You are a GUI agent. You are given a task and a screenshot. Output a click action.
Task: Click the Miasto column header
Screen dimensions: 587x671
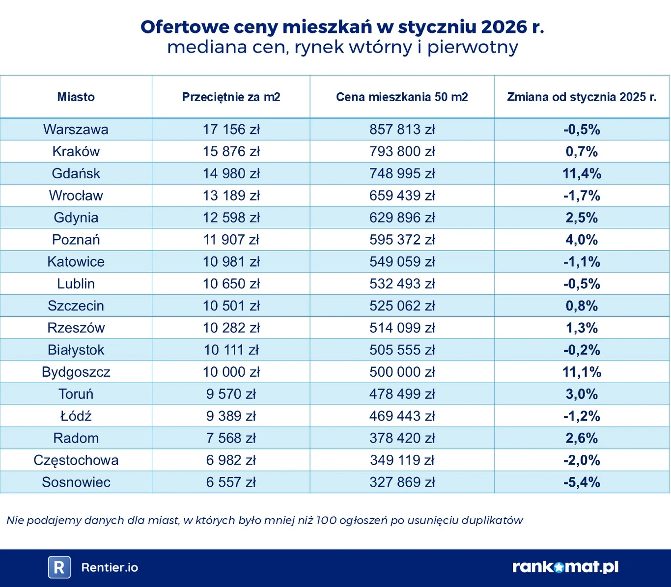[76, 97]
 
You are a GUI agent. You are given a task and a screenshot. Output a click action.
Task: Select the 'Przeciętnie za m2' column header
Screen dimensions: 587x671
[231, 97]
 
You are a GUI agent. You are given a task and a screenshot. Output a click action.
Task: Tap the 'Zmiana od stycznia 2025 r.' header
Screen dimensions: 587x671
[582, 97]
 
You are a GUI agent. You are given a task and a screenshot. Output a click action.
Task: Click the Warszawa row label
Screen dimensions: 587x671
[76, 129]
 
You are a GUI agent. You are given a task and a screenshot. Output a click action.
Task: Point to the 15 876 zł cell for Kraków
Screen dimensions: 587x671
[231, 151]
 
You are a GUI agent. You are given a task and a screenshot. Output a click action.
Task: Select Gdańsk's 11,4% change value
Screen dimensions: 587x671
[582, 173]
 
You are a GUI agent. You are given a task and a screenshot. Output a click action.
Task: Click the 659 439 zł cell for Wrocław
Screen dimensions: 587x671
[402, 196]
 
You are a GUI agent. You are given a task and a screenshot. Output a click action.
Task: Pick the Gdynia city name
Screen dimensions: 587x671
[76, 218]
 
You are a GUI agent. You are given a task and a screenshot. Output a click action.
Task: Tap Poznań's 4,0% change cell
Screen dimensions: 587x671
[582, 240]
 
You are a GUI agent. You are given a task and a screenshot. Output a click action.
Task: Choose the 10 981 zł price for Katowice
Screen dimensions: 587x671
[231, 262]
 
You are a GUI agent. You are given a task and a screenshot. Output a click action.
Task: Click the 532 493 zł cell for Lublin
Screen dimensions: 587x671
[402, 284]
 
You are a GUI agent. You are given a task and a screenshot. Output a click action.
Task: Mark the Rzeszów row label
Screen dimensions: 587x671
[76, 328]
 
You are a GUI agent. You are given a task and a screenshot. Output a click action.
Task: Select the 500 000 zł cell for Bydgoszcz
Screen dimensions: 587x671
[402, 372]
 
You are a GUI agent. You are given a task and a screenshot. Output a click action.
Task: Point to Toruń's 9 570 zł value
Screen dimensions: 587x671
[231, 394]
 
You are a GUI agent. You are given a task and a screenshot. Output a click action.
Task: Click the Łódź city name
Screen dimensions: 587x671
[76, 416]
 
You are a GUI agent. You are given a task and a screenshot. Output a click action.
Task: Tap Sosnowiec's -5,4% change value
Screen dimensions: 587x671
[582, 482]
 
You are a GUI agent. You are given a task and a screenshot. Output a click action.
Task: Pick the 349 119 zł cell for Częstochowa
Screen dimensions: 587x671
[402, 460]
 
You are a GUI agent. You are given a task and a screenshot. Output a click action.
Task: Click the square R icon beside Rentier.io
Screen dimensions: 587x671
[59, 567]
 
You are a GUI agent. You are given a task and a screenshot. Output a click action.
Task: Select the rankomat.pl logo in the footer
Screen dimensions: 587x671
[565, 567]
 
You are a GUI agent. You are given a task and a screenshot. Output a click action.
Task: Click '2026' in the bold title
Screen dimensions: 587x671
[504, 27]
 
